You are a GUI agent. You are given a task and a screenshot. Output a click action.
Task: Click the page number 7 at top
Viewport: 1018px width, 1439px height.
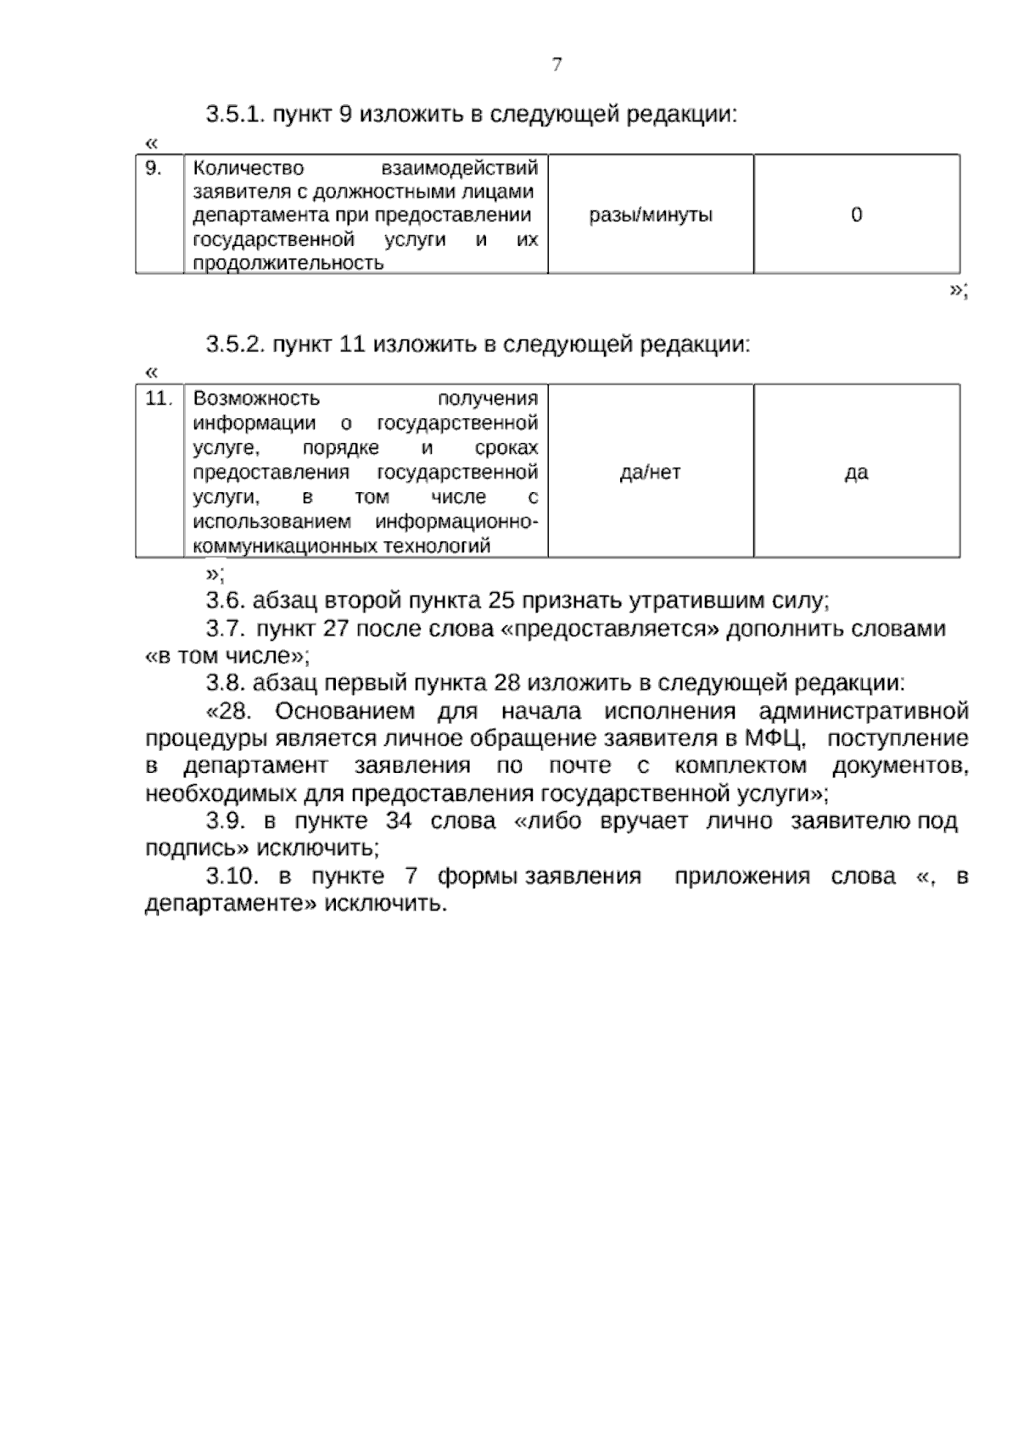click(x=557, y=65)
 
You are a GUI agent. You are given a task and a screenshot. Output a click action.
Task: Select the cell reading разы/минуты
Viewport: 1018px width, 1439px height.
click(x=651, y=215)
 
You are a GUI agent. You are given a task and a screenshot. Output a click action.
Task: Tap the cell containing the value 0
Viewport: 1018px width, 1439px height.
click(x=856, y=215)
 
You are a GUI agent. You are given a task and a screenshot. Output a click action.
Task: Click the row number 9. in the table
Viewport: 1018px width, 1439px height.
click(x=154, y=168)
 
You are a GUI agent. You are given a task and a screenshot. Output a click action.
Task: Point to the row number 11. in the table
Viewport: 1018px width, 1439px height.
click(x=159, y=398)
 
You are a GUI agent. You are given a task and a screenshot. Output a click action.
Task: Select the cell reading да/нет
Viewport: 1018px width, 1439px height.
click(x=651, y=473)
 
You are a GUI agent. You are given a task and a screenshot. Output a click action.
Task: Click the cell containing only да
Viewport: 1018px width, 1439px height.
click(x=856, y=473)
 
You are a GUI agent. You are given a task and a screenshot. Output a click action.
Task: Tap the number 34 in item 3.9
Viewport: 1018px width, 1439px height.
click(x=398, y=821)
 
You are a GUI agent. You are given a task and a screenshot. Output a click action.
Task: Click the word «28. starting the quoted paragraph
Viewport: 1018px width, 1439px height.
click(x=231, y=710)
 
